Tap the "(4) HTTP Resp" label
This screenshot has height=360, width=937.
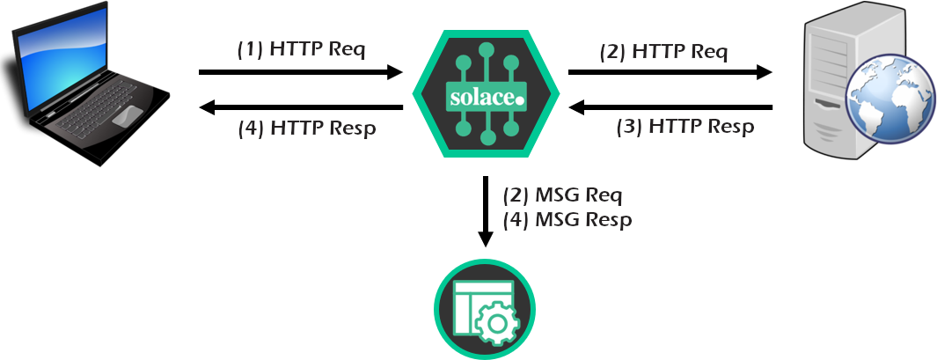(x=307, y=129)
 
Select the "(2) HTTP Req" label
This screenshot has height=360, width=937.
(x=663, y=51)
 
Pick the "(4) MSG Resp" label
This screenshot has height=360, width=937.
(x=567, y=219)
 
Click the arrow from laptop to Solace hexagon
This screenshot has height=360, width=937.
(x=300, y=73)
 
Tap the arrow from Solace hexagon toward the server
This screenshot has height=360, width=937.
(x=670, y=73)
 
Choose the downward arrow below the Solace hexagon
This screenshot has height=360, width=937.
(x=485, y=211)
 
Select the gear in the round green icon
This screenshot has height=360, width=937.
(x=497, y=325)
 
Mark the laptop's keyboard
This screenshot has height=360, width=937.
(x=97, y=102)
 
